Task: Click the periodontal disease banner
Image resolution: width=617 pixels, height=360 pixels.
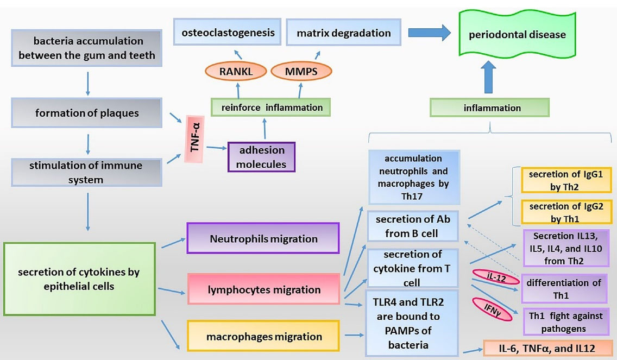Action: (x=517, y=35)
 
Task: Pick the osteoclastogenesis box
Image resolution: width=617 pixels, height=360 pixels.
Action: (x=228, y=33)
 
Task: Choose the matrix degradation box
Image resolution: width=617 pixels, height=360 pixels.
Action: (x=343, y=33)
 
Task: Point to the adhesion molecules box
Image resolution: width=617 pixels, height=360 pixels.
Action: (x=262, y=156)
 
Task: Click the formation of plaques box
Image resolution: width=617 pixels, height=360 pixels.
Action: (x=87, y=113)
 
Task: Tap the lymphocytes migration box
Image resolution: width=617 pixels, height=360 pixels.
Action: (x=263, y=289)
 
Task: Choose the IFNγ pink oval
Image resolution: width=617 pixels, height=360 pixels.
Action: (x=491, y=309)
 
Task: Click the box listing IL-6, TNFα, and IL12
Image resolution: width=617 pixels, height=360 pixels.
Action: (x=549, y=348)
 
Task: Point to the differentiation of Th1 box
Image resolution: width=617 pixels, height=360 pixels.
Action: (x=563, y=289)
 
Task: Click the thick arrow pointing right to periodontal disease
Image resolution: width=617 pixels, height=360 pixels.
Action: (x=430, y=33)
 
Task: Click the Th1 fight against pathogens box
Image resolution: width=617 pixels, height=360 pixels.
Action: (x=563, y=321)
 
